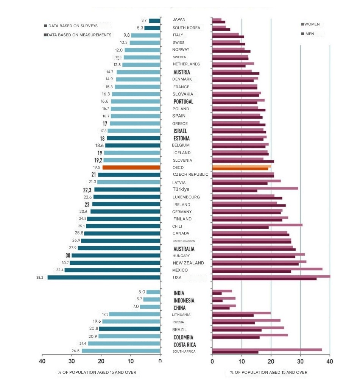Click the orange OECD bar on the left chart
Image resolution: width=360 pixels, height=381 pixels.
(x=131, y=167)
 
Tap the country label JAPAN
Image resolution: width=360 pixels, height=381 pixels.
(x=179, y=19)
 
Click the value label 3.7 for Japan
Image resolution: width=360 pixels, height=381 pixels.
(x=144, y=20)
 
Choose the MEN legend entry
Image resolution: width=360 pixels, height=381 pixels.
(x=309, y=34)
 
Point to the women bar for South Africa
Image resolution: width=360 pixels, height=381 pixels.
(x=267, y=350)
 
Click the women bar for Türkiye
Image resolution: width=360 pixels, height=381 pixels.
(x=255, y=188)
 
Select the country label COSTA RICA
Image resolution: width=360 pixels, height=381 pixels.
(x=185, y=345)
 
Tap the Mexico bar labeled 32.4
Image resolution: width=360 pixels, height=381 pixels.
(x=112, y=270)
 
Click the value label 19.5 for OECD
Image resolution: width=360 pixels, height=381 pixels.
(x=96, y=167)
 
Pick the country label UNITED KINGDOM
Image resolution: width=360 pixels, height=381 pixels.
(x=184, y=241)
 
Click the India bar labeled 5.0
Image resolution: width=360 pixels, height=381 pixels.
(x=153, y=292)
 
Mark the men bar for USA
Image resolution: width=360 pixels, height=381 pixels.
(x=264, y=279)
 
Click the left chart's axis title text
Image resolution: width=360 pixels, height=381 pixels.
(x=97, y=372)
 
